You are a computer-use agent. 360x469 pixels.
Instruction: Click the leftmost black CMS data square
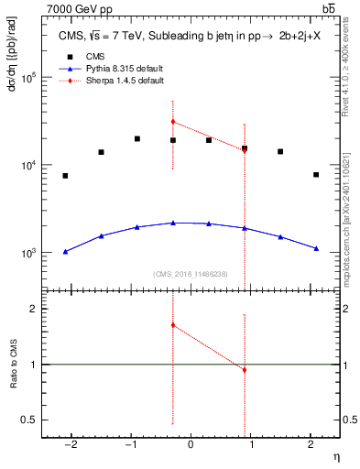65,176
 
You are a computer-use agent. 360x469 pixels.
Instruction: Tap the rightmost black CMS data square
316,175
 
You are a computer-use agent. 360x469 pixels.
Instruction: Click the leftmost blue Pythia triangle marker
65,251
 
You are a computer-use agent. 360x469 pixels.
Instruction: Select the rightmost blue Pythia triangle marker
316,248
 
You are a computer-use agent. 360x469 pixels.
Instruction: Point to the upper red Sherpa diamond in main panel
173,121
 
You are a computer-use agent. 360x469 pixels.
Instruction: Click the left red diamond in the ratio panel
173,325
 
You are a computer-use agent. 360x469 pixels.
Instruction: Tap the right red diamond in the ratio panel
245,370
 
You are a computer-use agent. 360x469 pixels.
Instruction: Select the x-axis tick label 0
191,444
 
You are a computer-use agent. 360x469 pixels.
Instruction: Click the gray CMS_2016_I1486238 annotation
191,274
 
